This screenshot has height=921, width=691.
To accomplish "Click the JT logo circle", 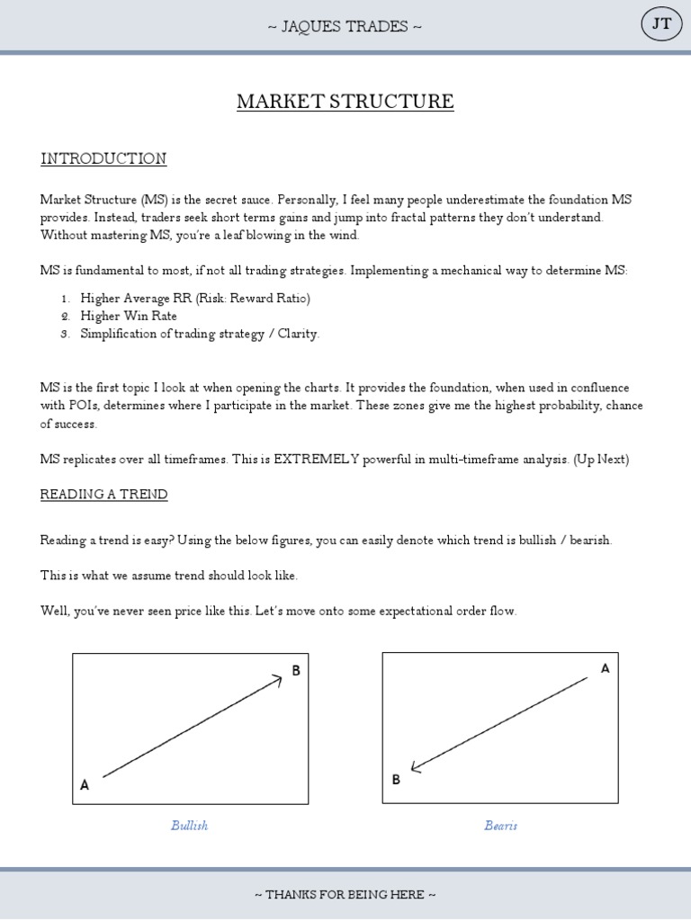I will pyautogui.click(x=661, y=25).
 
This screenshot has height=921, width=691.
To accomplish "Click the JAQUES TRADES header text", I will pyautogui.click(x=345, y=25).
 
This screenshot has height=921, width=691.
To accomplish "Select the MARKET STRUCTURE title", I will pyautogui.click(x=345, y=102).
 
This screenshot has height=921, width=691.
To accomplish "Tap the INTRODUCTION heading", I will pyautogui.click(x=103, y=159).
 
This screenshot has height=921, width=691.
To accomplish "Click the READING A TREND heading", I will pyautogui.click(x=103, y=495).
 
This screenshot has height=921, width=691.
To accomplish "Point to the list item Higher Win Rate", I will pyautogui.click(x=129, y=316).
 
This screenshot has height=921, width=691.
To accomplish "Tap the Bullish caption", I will pyautogui.click(x=189, y=825).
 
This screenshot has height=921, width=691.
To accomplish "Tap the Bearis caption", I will pyautogui.click(x=500, y=825).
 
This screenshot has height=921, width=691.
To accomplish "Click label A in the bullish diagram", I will pyautogui.click(x=85, y=785).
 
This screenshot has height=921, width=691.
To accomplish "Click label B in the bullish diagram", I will pyautogui.click(x=295, y=670).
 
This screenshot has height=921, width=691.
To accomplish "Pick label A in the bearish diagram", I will pyautogui.click(x=605, y=668).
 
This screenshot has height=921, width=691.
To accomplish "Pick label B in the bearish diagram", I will pyautogui.click(x=396, y=780).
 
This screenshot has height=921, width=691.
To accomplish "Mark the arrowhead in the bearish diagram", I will pyautogui.click(x=415, y=767).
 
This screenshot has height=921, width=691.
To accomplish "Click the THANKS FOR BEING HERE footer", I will pyautogui.click(x=345, y=895).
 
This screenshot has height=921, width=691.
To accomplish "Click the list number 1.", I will pyautogui.click(x=65, y=298).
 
